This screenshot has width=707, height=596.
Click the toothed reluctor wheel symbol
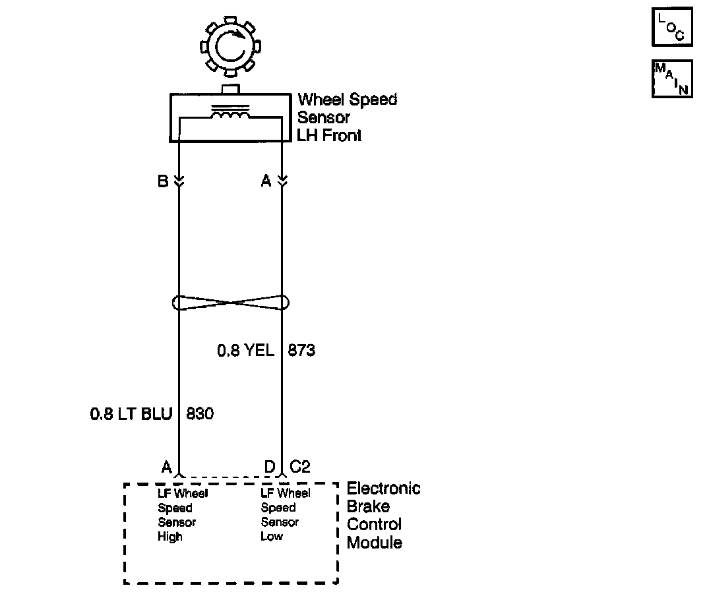tap(230, 47)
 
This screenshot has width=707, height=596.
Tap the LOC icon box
tap(672, 28)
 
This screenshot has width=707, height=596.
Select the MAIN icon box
tap(672, 78)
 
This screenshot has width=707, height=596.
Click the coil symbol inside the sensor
tap(230, 115)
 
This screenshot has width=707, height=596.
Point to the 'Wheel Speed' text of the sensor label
tap(347, 100)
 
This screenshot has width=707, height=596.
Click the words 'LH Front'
tap(329, 136)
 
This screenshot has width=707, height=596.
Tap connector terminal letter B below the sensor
tap(163, 181)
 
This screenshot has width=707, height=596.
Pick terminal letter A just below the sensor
tap(266, 181)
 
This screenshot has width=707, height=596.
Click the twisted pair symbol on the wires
tap(230, 303)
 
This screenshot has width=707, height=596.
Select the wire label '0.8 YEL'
tap(245, 351)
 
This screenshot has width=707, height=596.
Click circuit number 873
tap(301, 351)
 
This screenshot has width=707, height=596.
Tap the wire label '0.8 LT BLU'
tap(131, 415)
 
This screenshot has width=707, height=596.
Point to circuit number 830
tap(200, 415)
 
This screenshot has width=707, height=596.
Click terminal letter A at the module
tap(166, 467)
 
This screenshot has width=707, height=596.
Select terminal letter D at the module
tap(269, 467)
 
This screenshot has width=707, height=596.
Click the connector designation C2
tap(300, 467)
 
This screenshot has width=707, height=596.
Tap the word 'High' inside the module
tap(169, 537)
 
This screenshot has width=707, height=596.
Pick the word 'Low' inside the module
tap(271, 537)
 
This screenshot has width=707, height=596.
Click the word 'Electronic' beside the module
tap(383, 489)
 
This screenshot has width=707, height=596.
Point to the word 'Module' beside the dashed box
tap(374, 543)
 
